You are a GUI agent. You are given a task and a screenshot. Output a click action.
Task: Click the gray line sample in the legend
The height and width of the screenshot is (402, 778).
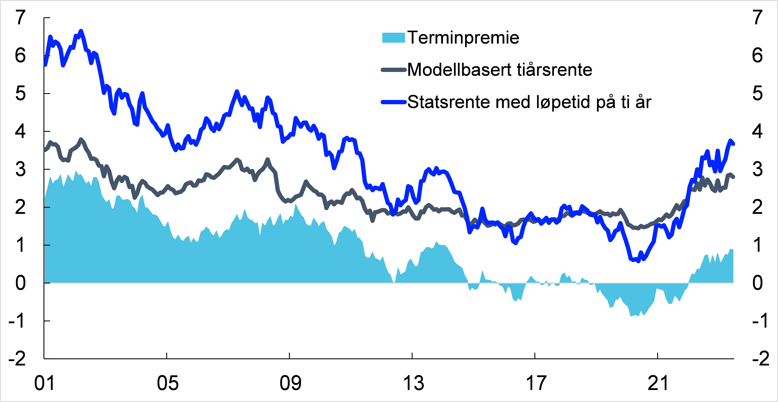393,70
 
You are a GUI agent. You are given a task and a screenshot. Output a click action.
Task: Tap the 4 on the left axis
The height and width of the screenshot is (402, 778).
20,132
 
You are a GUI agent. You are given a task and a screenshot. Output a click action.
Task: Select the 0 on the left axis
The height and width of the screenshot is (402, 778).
20,283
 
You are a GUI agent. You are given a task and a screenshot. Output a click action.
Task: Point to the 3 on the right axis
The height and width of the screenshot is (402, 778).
757,169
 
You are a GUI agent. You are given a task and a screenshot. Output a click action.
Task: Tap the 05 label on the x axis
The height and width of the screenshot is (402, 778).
167,383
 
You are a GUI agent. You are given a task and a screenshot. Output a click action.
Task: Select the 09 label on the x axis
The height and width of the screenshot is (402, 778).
290,383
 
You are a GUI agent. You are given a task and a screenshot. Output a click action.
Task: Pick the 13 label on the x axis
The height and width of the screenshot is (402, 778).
413,383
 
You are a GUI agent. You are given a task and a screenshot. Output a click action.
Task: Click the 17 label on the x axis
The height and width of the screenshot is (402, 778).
536,383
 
